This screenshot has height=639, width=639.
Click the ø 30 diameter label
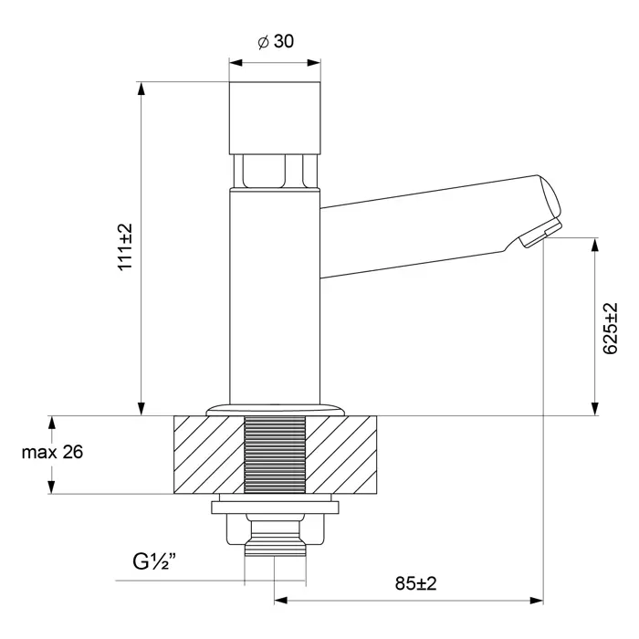pos(276,42)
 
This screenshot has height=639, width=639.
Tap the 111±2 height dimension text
pos(125,246)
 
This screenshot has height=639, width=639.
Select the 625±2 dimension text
pos(610,329)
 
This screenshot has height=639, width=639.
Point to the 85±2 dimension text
pos(415,583)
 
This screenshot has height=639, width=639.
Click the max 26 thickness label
pos(52,452)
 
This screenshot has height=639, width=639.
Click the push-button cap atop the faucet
pos(275,118)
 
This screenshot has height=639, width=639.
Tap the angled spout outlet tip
pos(540,233)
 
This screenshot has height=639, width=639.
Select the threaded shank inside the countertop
pos(275,455)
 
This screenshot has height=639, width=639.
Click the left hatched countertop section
pos(209,455)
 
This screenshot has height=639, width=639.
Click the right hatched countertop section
pos(341,455)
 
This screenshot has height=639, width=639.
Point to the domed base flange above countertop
pos(276,410)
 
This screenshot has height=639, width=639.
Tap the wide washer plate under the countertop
pos(275,508)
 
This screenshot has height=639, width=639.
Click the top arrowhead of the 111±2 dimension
pos(141,89)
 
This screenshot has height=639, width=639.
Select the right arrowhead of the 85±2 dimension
pos(537,601)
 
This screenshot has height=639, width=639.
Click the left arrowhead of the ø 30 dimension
pos(236,63)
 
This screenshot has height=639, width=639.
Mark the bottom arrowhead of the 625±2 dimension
pos(594,409)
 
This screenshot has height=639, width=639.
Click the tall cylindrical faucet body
pos(275,297)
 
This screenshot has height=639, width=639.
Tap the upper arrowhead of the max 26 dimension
pos(51,423)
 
